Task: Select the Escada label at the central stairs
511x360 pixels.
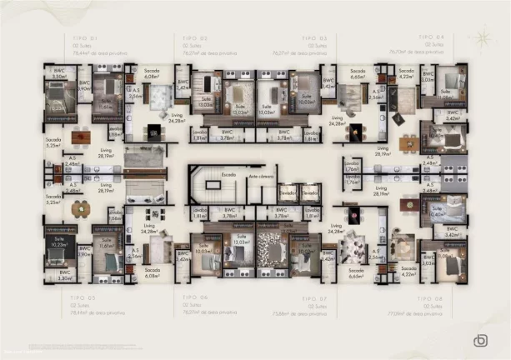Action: pos(228,175)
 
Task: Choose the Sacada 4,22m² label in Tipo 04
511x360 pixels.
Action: pos(406,74)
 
